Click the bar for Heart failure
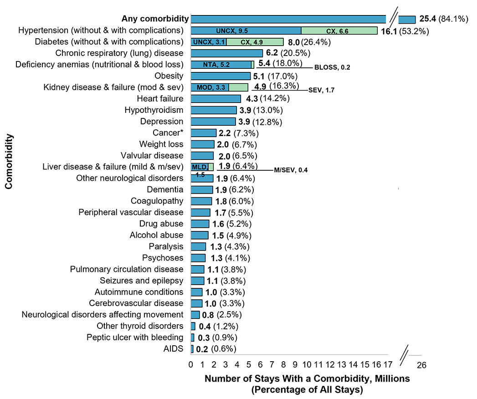pyautogui.click(x=215, y=98)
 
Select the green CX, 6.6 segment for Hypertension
pyautogui.click(x=339, y=31)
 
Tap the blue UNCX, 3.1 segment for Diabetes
pyautogui.click(x=208, y=42)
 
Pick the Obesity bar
pyautogui.click(x=221, y=76)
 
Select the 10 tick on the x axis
pyautogui.click(x=307, y=364)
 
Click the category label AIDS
pyautogui.click(x=175, y=349)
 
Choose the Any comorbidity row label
pyautogui.click(x=155, y=19)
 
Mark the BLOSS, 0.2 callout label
pyautogui.click(x=332, y=67)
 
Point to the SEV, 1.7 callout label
pyautogui.click(x=321, y=90)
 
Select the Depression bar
pyautogui.click(x=213, y=121)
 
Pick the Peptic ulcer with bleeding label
pyautogui.click(x=135, y=338)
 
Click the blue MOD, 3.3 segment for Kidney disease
pyautogui.click(x=210, y=87)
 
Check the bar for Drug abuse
pyautogui.click(x=200, y=224)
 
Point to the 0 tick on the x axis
pyautogui.click(x=191, y=364)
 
